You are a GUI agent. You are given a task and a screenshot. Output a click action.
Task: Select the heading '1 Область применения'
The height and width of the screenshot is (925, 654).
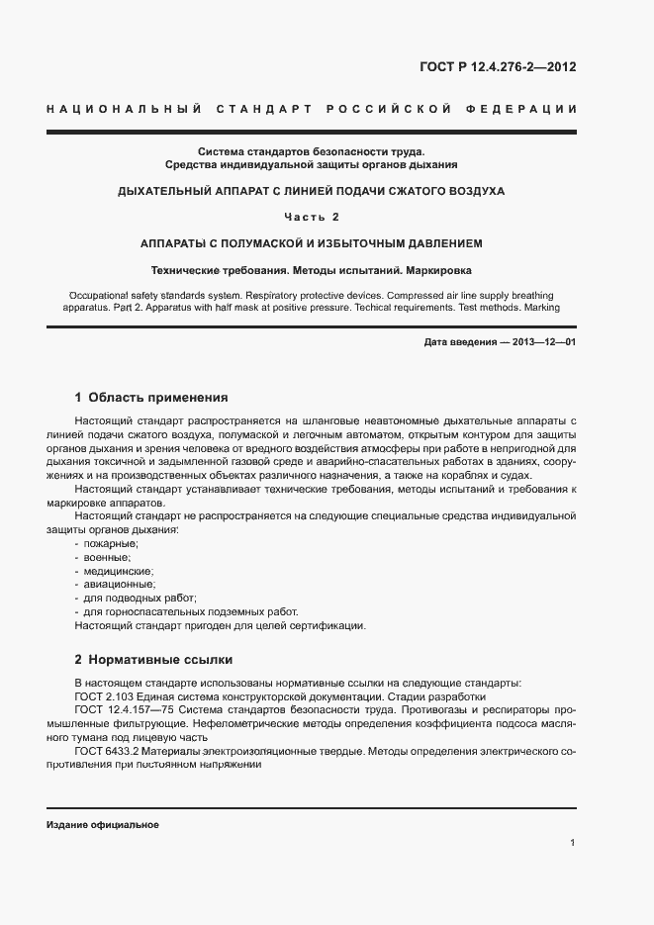[151, 398]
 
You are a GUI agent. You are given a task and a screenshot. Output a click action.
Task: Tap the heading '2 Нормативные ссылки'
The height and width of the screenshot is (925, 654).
[153, 659]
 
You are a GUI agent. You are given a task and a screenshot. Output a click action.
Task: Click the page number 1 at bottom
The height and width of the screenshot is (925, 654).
[573, 842]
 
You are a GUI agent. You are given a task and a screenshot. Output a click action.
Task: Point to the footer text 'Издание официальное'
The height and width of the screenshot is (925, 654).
[103, 825]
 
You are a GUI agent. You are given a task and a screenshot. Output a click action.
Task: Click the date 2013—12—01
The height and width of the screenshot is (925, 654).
[542, 342]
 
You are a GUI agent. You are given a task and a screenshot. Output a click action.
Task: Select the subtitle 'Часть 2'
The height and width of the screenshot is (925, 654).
[311, 217]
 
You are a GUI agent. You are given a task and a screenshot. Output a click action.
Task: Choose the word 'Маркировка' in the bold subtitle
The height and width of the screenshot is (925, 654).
[440, 269]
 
